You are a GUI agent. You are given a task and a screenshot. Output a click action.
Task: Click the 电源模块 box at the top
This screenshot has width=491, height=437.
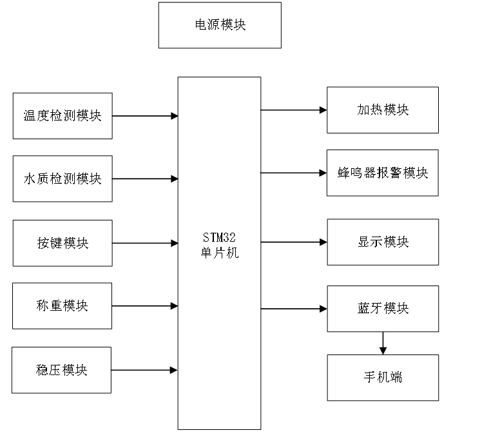[220, 25]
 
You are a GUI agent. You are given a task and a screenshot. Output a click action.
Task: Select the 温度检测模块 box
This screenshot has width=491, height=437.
[63, 116]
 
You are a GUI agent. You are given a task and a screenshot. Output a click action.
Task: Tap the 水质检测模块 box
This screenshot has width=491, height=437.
[63, 179]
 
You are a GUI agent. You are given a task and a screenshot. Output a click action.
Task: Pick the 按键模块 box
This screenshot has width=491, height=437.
[63, 243]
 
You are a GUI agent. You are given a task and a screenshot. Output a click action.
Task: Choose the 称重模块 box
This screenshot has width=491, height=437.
[63, 306]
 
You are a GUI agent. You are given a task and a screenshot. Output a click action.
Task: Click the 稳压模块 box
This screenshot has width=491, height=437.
[63, 370]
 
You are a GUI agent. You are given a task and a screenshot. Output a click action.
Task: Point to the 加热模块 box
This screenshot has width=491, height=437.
[383, 110]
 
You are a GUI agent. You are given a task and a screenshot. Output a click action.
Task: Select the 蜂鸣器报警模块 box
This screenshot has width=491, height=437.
[383, 173]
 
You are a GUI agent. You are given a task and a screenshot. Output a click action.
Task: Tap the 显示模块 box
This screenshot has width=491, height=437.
[383, 242]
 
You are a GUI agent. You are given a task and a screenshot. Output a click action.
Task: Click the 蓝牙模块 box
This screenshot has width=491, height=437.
[383, 309]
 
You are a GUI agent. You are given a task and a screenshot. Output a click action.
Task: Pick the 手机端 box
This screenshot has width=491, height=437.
[383, 377]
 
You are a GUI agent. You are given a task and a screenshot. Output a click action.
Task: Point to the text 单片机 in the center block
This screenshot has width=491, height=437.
[219, 253]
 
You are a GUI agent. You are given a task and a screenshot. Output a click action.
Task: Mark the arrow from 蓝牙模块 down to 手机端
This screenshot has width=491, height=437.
[383, 343]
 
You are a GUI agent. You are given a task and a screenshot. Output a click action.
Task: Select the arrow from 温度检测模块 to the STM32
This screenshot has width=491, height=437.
[145, 116]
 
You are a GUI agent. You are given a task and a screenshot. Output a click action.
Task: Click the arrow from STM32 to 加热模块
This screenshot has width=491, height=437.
[294, 110]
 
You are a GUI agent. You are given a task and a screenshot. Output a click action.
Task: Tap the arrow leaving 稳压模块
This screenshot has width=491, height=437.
[145, 370]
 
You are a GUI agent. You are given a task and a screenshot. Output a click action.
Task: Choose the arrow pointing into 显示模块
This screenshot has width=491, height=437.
[294, 242]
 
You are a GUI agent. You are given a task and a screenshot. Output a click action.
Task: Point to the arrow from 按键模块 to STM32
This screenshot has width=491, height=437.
[145, 243]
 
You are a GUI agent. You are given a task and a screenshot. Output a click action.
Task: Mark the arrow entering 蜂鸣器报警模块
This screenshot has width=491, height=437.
[294, 173]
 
